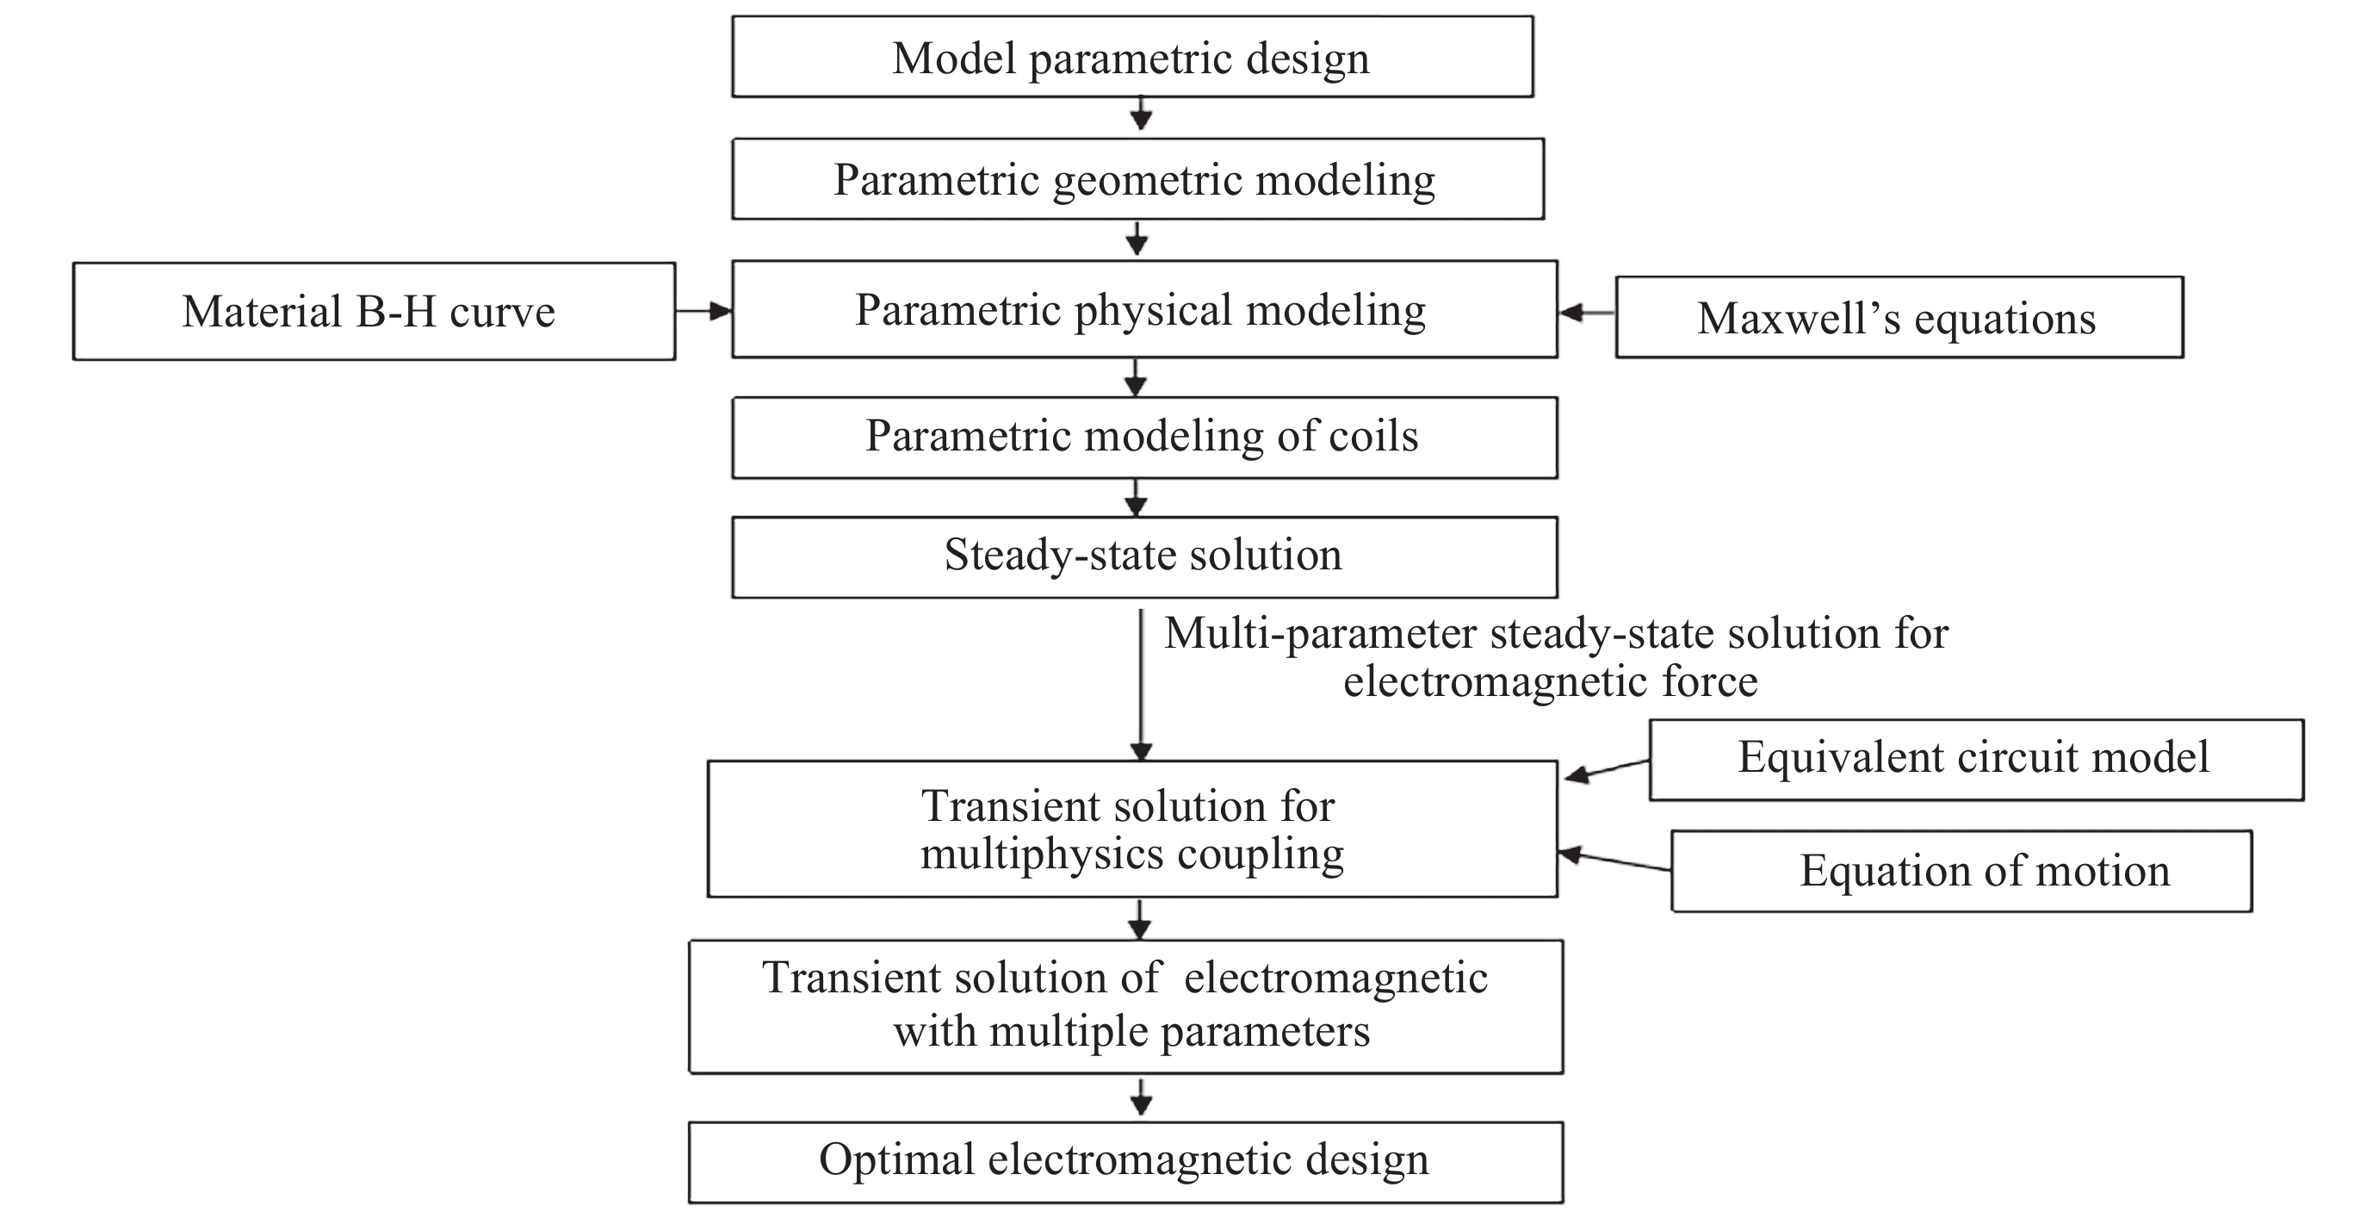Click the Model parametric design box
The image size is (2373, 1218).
(x=1132, y=57)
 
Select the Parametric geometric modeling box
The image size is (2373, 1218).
(x=1137, y=179)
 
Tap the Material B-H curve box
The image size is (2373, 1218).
(x=373, y=312)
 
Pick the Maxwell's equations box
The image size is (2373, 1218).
(x=1899, y=318)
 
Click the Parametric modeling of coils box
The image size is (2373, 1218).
(x=1143, y=437)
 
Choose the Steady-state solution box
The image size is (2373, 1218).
(x=1143, y=556)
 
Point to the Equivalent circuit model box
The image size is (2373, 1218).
(x=1975, y=758)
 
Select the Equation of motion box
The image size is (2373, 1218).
(x=1961, y=871)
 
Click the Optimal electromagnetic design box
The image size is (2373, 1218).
(x=1125, y=1161)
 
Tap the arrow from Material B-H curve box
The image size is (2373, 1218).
(x=703, y=312)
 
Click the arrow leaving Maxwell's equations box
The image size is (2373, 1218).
(x=1587, y=314)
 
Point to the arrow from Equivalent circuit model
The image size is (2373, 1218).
(x=1608, y=769)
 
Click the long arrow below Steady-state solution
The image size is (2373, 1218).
(x=1142, y=684)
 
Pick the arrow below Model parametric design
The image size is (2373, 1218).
(x=1142, y=115)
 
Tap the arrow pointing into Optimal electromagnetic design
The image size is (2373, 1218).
(x=1142, y=1097)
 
